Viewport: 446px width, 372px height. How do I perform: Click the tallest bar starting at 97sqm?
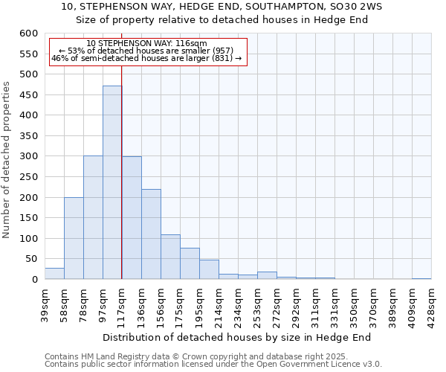point(112,182)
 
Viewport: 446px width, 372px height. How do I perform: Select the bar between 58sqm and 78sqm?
point(74,238)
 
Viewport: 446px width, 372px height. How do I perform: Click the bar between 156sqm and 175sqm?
point(170,257)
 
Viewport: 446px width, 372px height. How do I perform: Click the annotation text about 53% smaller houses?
point(146,51)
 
